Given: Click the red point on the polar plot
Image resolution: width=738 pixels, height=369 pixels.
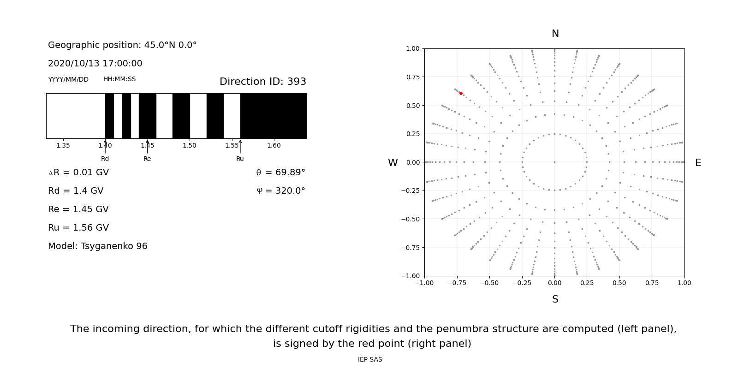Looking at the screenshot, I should point(461,93).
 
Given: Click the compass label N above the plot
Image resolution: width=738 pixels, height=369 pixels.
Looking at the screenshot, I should point(555,34).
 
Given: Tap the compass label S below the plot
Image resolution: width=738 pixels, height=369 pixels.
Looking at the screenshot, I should point(555,299).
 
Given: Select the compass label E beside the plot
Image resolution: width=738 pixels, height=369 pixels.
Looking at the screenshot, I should point(698,163).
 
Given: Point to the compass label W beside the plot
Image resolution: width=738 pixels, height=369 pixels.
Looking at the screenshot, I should point(393,163).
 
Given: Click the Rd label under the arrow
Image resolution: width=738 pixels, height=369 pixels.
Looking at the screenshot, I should point(105,159).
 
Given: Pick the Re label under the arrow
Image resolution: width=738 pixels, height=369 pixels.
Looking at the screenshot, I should point(147,159).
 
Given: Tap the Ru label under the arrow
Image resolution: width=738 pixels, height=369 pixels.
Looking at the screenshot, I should point(240,159).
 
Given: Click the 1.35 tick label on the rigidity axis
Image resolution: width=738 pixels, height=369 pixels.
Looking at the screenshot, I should point(63,146).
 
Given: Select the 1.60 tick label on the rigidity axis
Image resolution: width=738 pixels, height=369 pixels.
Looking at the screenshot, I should point(274,146).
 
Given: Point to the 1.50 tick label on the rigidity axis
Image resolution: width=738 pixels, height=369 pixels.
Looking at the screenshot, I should point(190,146).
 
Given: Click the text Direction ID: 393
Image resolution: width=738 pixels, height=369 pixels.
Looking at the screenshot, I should point(263,82).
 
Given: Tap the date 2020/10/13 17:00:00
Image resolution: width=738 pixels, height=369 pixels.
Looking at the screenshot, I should point(95,64).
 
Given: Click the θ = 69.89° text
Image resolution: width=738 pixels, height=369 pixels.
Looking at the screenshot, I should point(280,173).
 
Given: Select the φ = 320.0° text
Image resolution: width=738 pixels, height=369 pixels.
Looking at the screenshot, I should point(281,191).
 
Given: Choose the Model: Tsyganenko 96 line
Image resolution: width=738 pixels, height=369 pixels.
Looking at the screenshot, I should point(98,246).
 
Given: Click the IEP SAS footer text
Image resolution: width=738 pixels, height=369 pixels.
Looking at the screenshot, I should point(370,360).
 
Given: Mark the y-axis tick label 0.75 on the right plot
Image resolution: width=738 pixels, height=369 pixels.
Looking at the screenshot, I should point(413,77).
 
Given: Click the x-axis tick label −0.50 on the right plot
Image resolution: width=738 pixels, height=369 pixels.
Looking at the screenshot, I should point(489,283).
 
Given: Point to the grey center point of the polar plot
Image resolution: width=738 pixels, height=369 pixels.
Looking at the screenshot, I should point(554,162).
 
